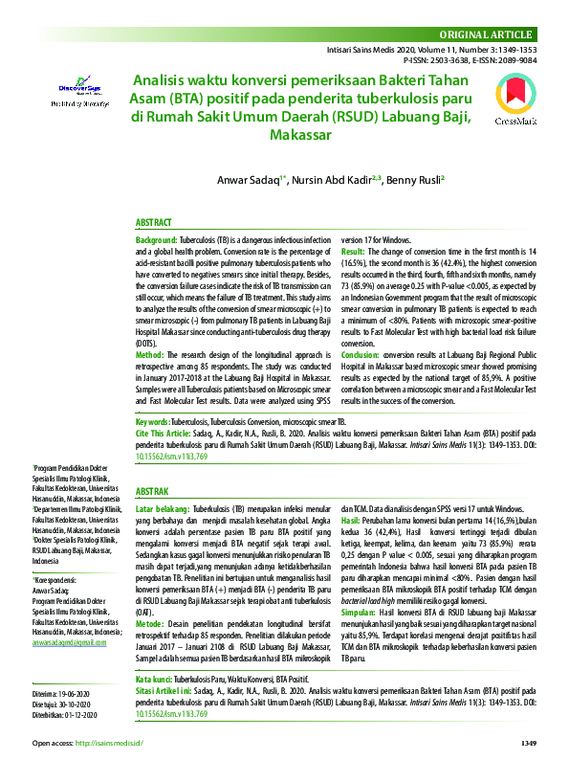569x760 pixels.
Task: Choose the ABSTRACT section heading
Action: (x=154, y=220)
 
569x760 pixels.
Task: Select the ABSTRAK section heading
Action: (x=154, y=489)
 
